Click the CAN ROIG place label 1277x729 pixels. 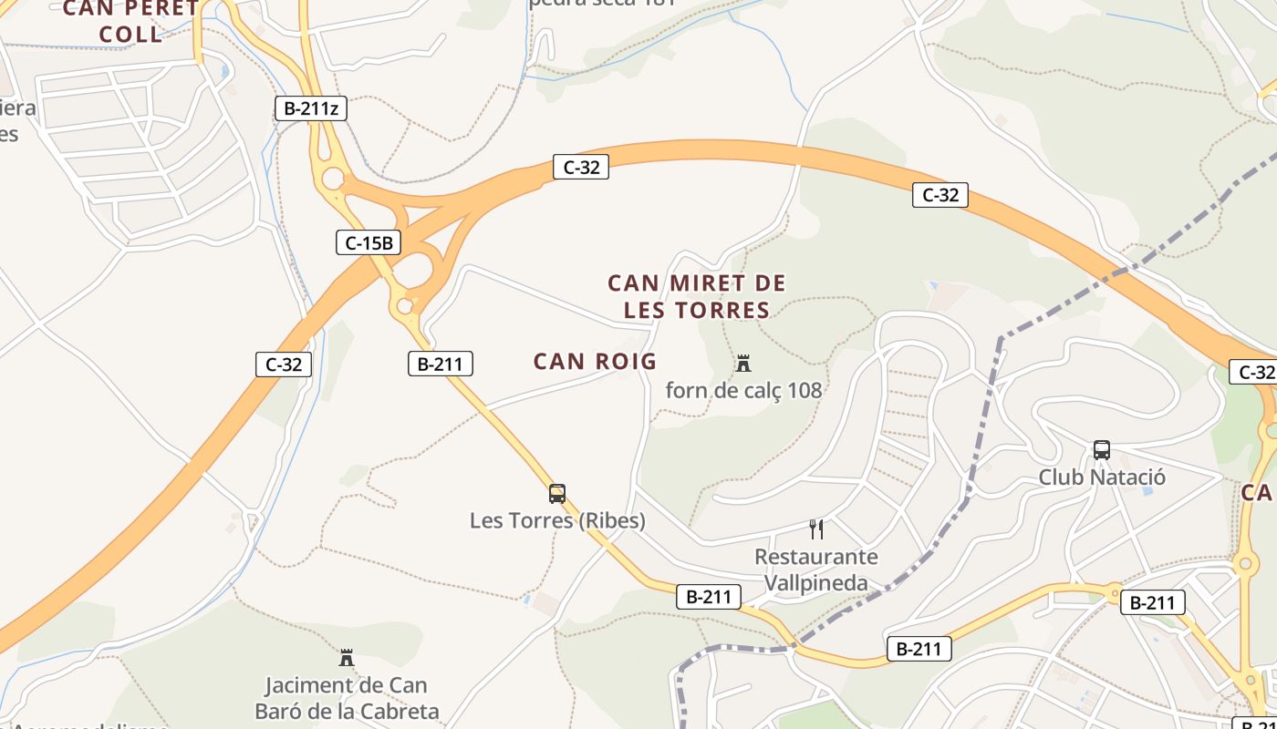[595, 362]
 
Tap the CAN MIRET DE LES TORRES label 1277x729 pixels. [697, 297]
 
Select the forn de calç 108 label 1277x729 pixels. [743, 391]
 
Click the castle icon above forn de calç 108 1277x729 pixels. [743, 364]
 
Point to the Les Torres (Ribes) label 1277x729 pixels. [557, 521]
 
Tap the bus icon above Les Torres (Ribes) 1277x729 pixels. [557, 494]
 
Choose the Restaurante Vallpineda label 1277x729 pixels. [816, 570]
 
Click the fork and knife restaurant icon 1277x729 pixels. [816, 529]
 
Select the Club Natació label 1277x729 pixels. [1102, 477]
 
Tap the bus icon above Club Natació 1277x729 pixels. [1102, 450]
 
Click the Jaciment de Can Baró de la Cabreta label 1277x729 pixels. [347, 698]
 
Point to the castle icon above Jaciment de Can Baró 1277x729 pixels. [347, 658]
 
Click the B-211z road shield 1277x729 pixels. [311, 109]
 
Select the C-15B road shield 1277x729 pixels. [369, 243]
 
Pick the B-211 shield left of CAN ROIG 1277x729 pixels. [440, 364]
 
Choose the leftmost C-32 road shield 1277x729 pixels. [284, 365]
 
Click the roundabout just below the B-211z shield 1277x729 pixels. [333, 178]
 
